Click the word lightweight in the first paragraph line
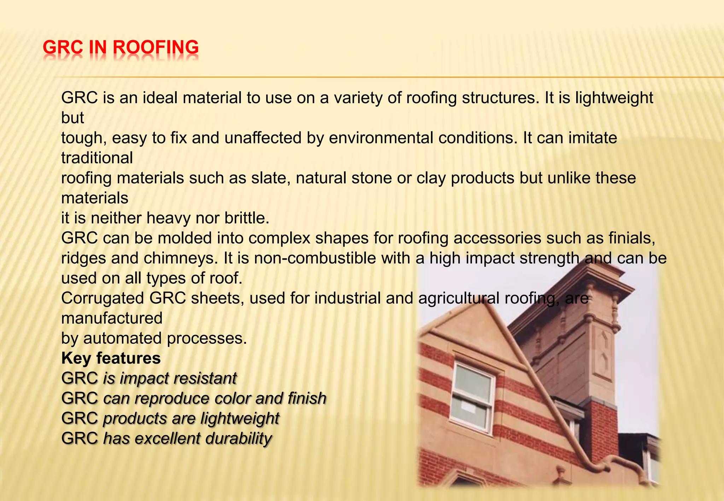point(614,98)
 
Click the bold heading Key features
point(111,358)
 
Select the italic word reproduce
point(172,399)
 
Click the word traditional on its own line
point(97,158)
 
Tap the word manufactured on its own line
point(112,318)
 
